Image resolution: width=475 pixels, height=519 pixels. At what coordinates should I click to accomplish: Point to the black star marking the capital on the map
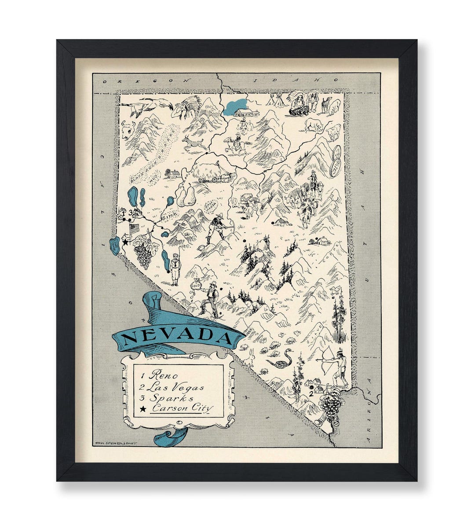[125, 242]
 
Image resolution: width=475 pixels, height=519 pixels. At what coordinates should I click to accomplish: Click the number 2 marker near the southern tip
[311, 393]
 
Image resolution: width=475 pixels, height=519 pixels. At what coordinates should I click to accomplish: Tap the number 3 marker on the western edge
[130, 213]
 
